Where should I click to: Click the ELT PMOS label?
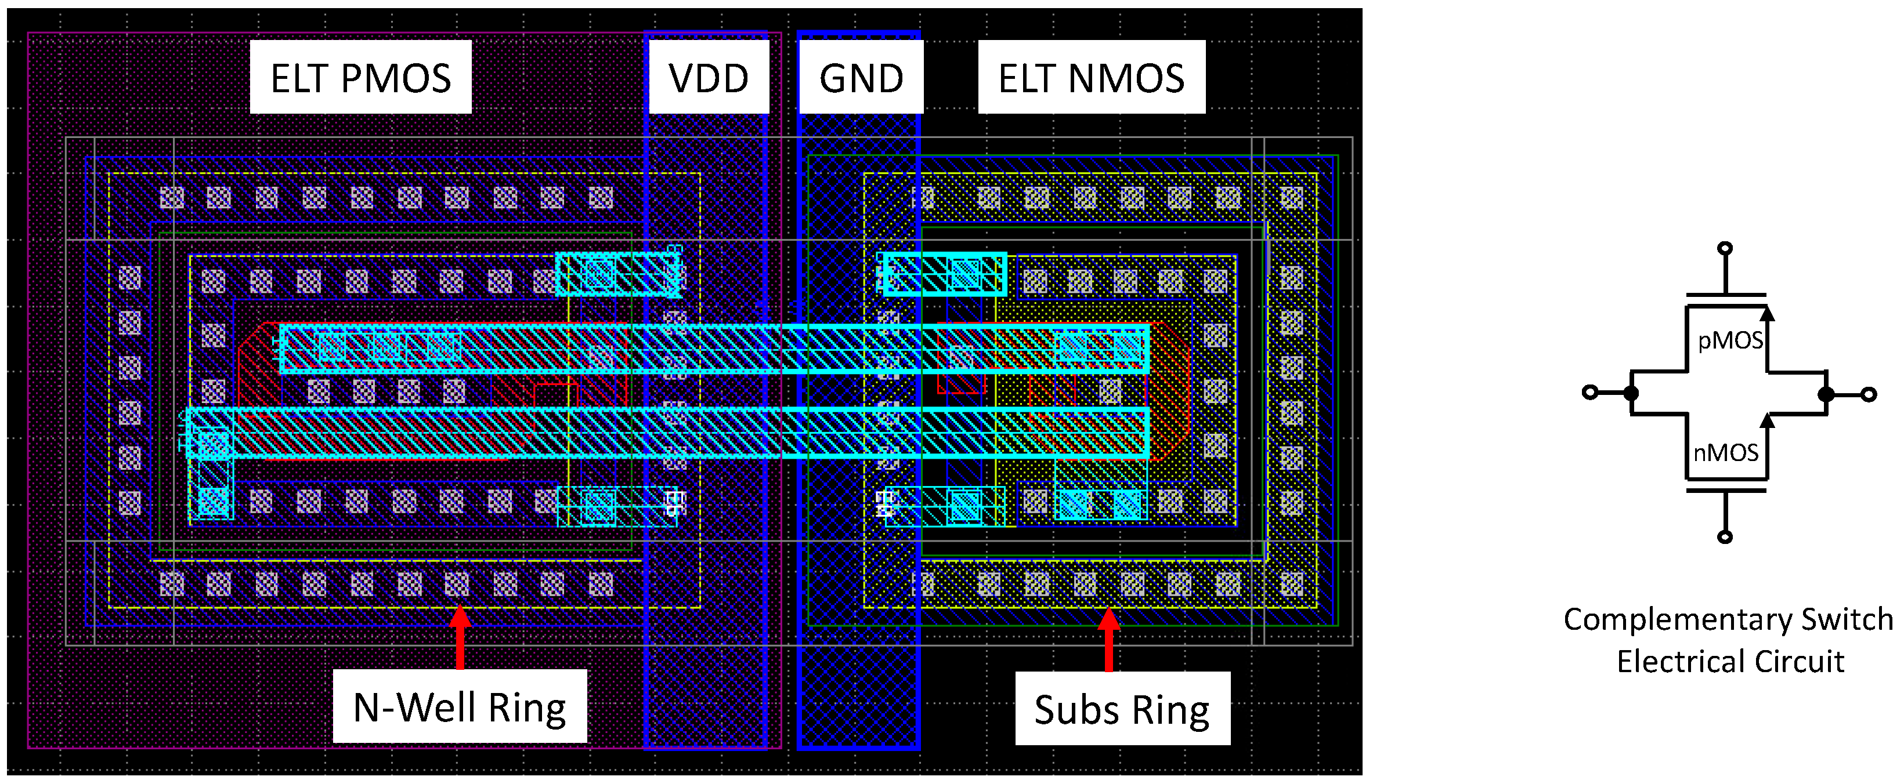[x=361, y=78]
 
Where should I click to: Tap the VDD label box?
[x=708, y=78]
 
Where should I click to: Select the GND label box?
[x=861, y=78]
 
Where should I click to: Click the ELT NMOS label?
[x=1091, y=78]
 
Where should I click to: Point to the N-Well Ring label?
[x=459, y=707]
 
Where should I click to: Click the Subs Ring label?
[x=1121, y=709]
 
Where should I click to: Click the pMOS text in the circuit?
[x=1729, y=340]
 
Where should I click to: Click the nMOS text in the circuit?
[x=1725, y=452]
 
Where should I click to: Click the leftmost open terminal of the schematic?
[x=1589, y=392]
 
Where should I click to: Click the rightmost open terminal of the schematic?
[x=1869, y=394]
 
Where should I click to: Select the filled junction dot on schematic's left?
[x=1631, y=393]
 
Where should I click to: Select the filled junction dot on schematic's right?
[x=1826, y=394]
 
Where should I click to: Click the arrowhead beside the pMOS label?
[x=1767, y=314]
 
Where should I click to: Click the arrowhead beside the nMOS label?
[x=1767, y=421]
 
